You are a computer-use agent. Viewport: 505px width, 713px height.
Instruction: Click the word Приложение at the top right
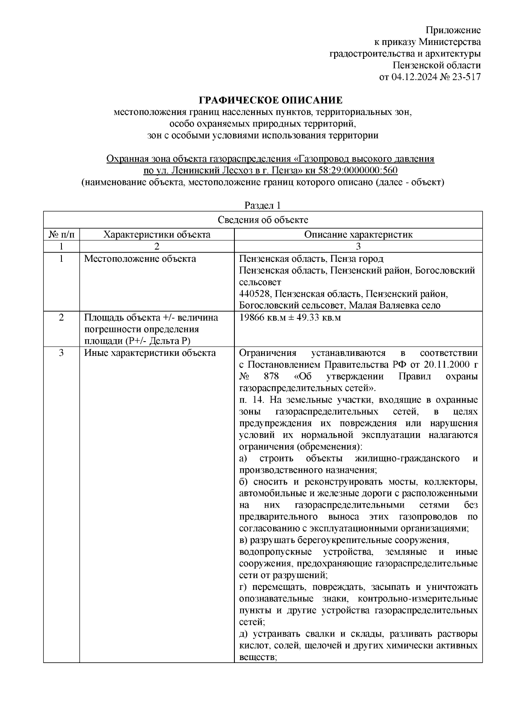(x=453, y=30)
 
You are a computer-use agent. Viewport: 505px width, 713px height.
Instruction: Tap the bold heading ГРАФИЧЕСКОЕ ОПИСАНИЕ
(x=271, y=100)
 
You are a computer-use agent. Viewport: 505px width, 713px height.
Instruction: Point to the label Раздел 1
(x=263, y=205)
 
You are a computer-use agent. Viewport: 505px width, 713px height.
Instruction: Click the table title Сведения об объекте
(x=263, y=220)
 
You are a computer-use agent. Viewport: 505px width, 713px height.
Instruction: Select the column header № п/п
(x=61, y=234)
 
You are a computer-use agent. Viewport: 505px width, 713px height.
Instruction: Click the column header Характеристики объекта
(x=157, y=234)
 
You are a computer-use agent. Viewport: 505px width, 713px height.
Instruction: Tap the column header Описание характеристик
(x=358, y=234)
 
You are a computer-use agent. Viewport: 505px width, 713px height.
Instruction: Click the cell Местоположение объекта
(x=140, y=259)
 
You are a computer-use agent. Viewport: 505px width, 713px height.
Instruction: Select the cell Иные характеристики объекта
(x=150, y=353)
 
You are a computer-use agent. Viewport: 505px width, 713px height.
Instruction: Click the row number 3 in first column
(x=61, y=353)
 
